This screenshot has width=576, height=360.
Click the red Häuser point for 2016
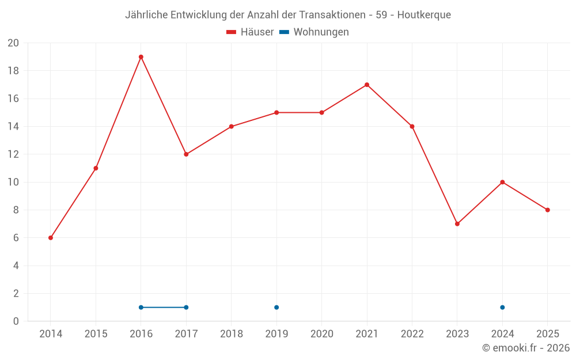tap(141, 57)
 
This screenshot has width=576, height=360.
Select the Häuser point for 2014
tap(51, 238)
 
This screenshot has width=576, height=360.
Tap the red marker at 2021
tap(367, 85)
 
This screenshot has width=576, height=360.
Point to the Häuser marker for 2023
tap(457, 224)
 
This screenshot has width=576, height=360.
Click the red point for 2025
tap(548, 210)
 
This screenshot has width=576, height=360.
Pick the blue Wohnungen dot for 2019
tap(276, 308)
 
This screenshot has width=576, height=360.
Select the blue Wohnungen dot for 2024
tap(502, 308)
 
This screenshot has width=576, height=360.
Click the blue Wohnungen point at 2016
tap(141, 308)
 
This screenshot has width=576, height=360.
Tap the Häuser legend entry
tap(250, 32)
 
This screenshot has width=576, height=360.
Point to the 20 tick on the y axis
tap(13, 43)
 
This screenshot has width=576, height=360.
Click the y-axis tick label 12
tap(13, 154)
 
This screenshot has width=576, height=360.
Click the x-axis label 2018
tap(232, 334)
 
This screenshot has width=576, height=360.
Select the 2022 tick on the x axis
tap(412, 334)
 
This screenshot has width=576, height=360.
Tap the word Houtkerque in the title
tap(424, 15)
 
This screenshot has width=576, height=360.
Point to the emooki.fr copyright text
tap(526, 348)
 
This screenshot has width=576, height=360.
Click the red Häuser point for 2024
tap(502, 182)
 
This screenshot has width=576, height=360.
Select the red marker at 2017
tap(186, 154)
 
